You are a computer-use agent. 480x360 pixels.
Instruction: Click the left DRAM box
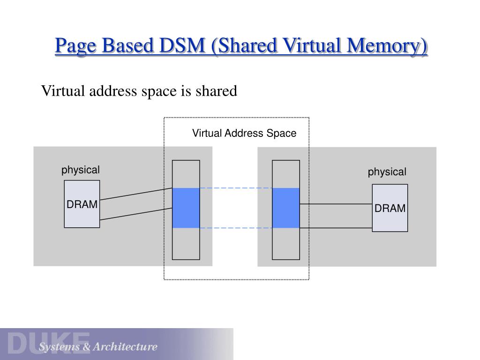point(82,204)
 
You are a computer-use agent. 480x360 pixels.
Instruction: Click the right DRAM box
point(390,208)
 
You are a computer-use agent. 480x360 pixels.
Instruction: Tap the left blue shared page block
point(186,208)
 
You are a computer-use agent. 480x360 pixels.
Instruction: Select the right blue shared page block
point(286,208)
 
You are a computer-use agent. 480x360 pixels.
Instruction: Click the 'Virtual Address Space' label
point(244,134)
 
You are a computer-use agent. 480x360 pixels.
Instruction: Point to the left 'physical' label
point(81,170)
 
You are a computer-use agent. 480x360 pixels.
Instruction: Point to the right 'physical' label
point(387,172)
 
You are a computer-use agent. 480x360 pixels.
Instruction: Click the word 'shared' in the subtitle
point(217,90)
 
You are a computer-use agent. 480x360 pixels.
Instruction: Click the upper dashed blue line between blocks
point(236,188)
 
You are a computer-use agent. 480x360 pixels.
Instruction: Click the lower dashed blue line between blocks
point(236,228)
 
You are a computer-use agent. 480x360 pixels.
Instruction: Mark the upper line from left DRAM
point(136,194)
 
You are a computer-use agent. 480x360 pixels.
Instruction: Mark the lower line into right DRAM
point(336,228)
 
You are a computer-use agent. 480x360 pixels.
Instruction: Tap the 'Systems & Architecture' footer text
point(98,347)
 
